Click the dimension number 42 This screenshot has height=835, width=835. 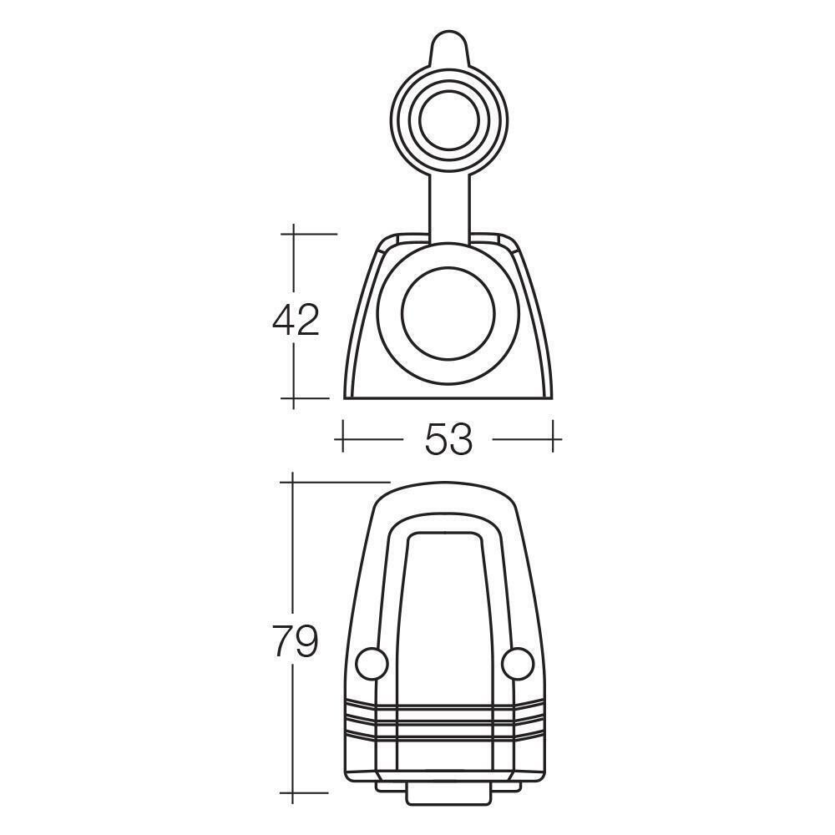pos(296,320)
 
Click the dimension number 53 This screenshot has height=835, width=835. pos(448,438)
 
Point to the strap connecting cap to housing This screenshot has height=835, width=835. pos(448,205)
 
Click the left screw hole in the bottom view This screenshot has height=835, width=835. pos(372,663)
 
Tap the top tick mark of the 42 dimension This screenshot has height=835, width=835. pos(294,234)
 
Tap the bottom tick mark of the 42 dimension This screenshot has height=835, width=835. pos(294,397)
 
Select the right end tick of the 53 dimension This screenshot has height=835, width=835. pos(554,438)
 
